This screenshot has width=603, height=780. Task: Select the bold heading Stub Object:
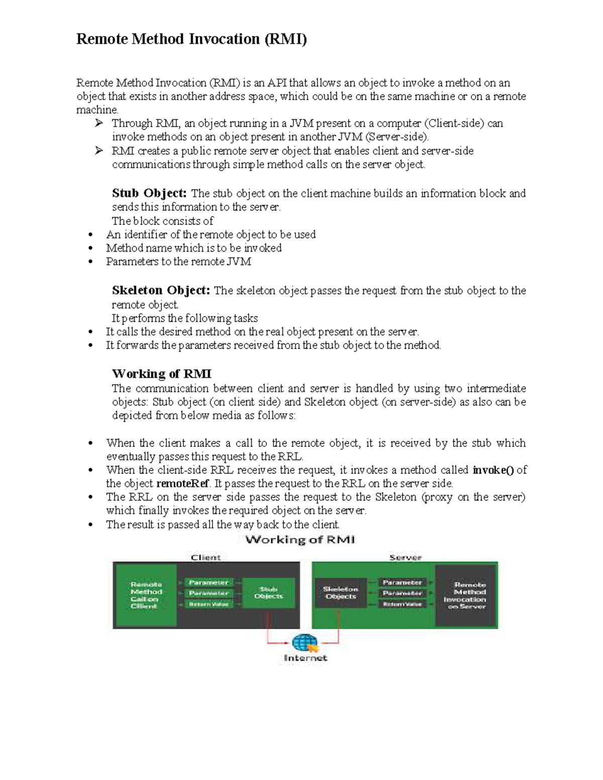[x=149, y=193]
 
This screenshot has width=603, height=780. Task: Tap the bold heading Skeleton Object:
[x=160, y=290]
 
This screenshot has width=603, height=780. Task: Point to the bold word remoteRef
[x=182, y=484]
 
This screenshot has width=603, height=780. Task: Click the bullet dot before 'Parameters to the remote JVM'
[x=90, y=262]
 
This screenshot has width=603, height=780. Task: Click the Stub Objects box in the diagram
[x=268, y=593]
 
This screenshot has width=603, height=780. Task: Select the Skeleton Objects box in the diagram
[x=341, y=593]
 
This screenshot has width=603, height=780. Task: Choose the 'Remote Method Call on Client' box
[x=145, y=595]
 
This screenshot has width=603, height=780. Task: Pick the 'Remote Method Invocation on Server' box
[x=466, y=596]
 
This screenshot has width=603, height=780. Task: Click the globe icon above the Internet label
[x=305, y=643]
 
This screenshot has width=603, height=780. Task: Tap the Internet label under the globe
[x=306, y=658]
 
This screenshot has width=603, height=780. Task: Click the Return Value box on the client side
[x=209, y=604]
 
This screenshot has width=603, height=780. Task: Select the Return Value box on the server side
[x=402, y=604]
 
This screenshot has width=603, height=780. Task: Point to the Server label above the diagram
[x=405, y=558]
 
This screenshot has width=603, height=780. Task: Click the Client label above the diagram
[x=206, y=558]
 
